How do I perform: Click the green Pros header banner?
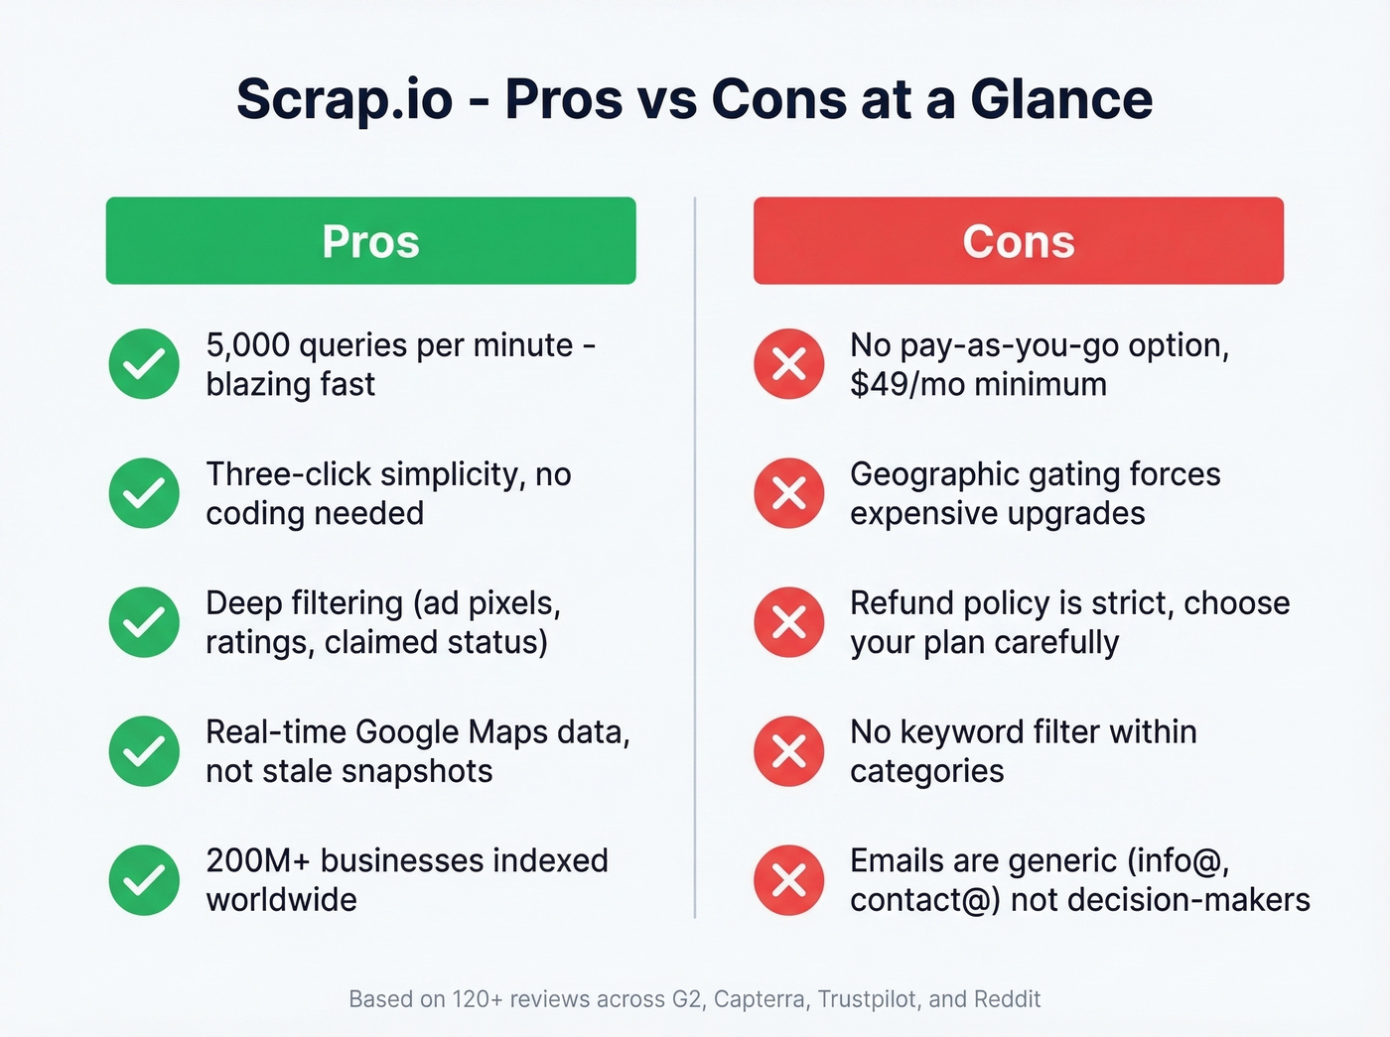click(x=370, y=241)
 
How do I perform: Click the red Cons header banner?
click(x=1018, y=241)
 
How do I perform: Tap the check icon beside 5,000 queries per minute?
click(x=144, y=364)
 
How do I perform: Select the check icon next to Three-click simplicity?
click(x=144, y=493)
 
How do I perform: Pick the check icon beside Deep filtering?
click(x=144, y=622)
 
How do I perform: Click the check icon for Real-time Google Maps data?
click(x=144, y=751)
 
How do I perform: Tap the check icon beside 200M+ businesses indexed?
click(x=144, y=880)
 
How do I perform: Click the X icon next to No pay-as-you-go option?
click(x=789, y=364)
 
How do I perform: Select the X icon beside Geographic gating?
click(x=789, y=493)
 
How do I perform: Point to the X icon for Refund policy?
click(x=789, y=622)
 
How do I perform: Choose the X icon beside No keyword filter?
click(x=789, y=751)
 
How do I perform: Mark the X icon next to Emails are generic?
click(x=789, y=880)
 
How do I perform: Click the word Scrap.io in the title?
click(x=345, y=100)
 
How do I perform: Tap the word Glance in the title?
click(x=1060, y=100)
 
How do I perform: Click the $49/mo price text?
click(x=906, y=384)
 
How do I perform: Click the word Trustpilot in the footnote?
click(x=867, y=999)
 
